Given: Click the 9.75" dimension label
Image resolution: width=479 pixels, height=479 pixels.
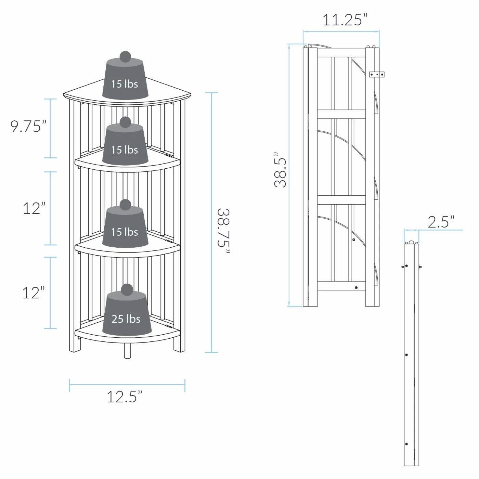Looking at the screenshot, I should (28, 126).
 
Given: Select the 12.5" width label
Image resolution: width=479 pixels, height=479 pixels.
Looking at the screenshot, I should (124, 397).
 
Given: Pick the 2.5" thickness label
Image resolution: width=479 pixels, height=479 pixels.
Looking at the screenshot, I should (441, 222).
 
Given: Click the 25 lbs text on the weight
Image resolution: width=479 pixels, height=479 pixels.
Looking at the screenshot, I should (126, 319).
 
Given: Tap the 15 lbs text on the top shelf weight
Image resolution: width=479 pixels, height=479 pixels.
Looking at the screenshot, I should (125, 83).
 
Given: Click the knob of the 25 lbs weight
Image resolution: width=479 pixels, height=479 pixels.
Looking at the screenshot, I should (127, 289).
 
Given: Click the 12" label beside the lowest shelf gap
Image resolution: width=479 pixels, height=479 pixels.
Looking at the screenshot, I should (34, 293).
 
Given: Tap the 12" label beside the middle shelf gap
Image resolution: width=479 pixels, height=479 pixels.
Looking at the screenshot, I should (34, 208).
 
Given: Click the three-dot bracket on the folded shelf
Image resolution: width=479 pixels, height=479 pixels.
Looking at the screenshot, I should (377, 74).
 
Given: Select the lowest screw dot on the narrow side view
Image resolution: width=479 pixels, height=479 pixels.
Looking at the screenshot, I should (406, 444).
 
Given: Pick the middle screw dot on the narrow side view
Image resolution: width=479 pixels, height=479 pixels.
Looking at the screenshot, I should (406, 355).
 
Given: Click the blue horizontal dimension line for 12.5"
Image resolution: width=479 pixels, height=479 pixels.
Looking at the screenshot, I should (127, 384).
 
